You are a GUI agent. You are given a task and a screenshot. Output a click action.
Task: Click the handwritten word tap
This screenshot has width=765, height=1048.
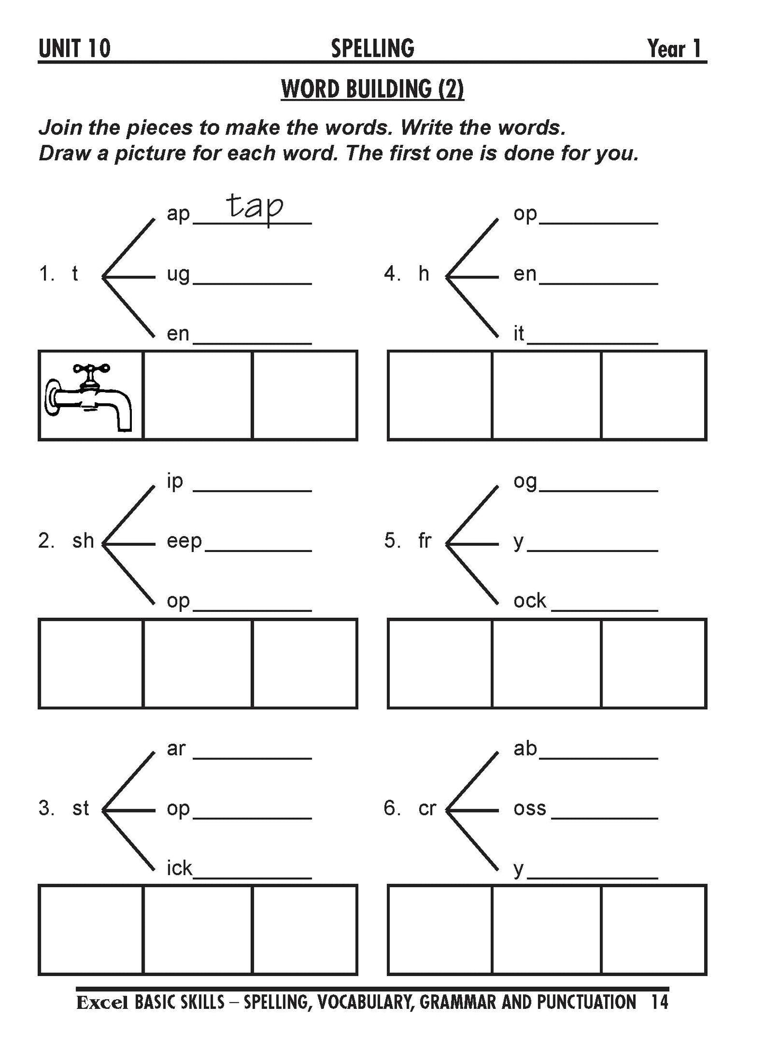(x=255, y=206)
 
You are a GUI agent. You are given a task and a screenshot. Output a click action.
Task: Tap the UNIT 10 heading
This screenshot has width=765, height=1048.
(x=75, y=49)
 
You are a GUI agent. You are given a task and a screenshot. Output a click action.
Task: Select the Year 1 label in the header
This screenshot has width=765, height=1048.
(x=674, y=49)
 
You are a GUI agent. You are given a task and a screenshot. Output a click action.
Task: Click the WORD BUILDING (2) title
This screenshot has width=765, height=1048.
(x=372, y=89)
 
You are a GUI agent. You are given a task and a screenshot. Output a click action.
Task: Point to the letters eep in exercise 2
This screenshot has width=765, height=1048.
(x=184, y=541)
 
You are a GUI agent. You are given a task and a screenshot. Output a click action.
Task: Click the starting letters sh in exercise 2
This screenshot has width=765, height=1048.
(x=83, y=541)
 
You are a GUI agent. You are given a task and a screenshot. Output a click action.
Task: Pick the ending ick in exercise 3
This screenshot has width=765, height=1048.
(x=179, y=869)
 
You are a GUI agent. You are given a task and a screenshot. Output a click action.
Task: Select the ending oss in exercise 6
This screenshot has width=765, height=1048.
(x=529, y=809)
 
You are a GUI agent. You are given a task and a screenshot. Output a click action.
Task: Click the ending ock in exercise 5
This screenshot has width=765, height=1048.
(x=529, y=601)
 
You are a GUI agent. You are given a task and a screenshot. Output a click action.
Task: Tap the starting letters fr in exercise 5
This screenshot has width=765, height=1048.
(x=425, y=541)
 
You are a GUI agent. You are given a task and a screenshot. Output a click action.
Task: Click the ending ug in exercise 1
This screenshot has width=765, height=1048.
(x=178, y=275)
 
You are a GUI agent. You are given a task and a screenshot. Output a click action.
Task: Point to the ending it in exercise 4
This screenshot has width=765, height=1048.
(x=518, y=333)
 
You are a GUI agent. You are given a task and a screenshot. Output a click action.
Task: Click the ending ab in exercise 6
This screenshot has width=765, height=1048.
(x=525, y=748)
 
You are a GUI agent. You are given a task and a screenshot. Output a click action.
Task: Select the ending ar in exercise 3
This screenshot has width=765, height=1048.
(x=176, y=748)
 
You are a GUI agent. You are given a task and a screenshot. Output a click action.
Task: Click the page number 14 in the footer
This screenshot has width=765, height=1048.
(x=660, y=1002)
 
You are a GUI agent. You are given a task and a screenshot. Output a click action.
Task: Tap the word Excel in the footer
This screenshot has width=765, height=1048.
(x=102, y=1002)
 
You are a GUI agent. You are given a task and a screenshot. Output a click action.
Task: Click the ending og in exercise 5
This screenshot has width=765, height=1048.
(x=525, y=482)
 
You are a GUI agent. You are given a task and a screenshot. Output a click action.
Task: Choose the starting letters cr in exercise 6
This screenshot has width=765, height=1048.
(x=427, y=808)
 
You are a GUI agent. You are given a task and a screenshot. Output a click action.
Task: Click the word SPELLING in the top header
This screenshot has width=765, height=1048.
(x=372, y=49)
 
